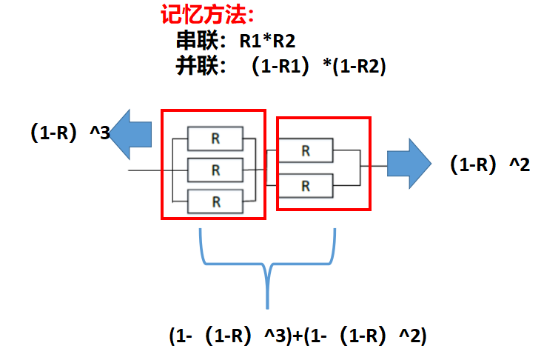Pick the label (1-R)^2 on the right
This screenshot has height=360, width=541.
click(x=490, y=165)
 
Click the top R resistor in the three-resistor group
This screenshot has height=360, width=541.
click(x=215, y=138)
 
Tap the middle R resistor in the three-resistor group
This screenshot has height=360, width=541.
click(x=215, y=170)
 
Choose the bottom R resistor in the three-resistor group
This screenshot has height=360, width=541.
click(x=215, y=201)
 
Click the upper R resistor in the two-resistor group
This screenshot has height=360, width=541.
click(x=306, y=151)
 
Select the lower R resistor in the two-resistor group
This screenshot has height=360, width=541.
click(x=306, y=185)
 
